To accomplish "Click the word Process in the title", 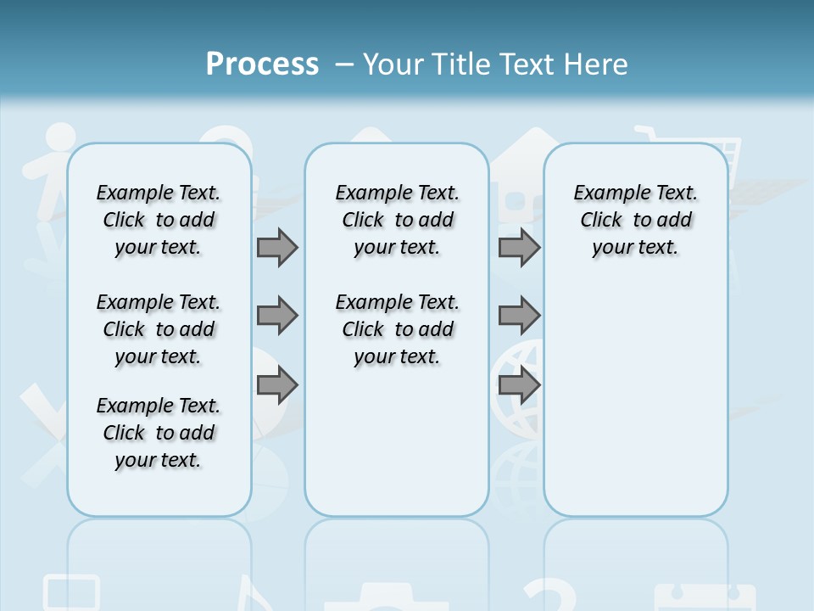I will click(262, 64).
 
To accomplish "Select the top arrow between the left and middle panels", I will click(277, 247).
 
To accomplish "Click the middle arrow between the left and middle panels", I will click(277, 316).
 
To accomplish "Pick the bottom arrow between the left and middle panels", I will click(277, 385).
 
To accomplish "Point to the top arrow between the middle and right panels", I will click(519, 247).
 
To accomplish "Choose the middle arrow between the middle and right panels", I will click(519, 316).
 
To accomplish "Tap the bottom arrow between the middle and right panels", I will click(519, 385).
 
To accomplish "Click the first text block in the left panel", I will click(159, 220).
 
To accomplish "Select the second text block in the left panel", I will click(159, 329).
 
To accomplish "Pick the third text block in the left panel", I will click(159, 433).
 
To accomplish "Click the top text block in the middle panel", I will click(397, 220).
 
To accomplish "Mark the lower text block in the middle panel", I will click(397, 329).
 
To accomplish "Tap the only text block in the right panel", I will click(635, 220).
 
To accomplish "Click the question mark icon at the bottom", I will click(551, 594).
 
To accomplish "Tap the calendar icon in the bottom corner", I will click(704, 597).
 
